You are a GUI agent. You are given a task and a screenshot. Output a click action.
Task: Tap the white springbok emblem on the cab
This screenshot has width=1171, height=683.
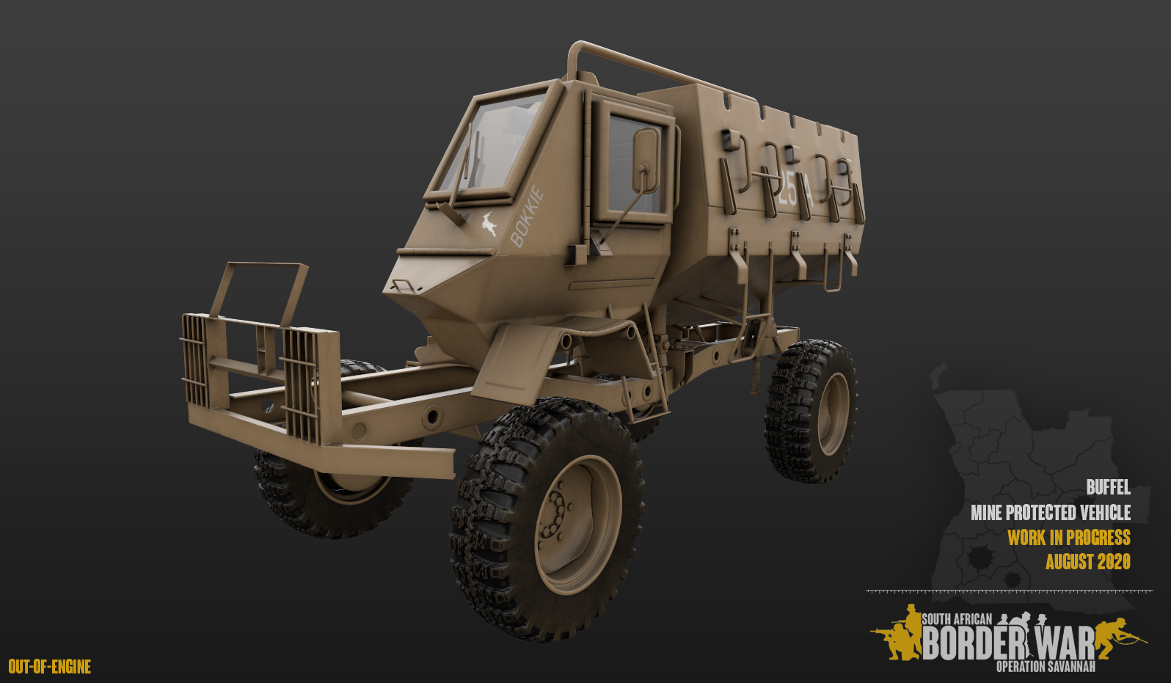[489, 224]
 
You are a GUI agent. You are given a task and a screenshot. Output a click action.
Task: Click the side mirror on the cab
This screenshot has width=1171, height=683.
[646, 161]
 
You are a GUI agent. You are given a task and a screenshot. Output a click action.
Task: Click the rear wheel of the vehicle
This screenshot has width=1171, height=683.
[810, 411]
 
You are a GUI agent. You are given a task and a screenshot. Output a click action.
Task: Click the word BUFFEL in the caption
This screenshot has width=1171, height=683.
[1108, 487]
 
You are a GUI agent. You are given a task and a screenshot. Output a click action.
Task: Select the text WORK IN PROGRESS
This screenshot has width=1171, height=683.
[1068, 537]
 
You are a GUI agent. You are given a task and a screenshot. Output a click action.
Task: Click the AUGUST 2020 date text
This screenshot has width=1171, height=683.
[1087, 562]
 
